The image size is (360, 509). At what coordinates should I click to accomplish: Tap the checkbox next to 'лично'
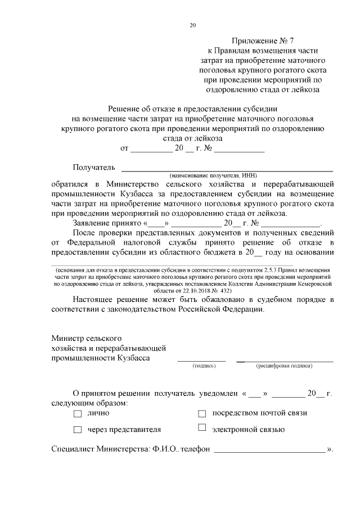point(77,413)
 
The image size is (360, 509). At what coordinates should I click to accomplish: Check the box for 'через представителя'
point(77,430)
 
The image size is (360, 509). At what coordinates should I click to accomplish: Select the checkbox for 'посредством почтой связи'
point(202,413)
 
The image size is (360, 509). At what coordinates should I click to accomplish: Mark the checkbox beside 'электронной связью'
point(202,429)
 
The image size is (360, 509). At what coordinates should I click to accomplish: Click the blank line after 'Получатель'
point(227,169)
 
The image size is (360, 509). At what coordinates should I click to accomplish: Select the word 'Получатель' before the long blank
point(94,167)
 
